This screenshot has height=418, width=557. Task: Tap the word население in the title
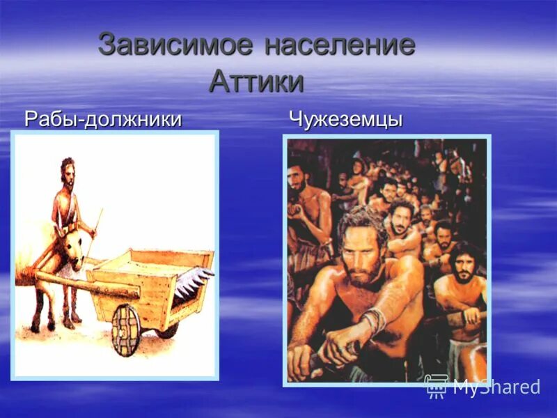(x=340, y=45)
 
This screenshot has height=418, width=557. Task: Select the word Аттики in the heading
(x=256, y=82)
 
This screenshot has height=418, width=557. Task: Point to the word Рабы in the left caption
(x=51, y=119)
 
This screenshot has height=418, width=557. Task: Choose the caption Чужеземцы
(x=345, y=119)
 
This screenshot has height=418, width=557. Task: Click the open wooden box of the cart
(x=150, y=279)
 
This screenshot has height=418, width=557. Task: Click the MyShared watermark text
(x=496, y=386)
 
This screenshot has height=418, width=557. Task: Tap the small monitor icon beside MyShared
(x=436, y=385)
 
